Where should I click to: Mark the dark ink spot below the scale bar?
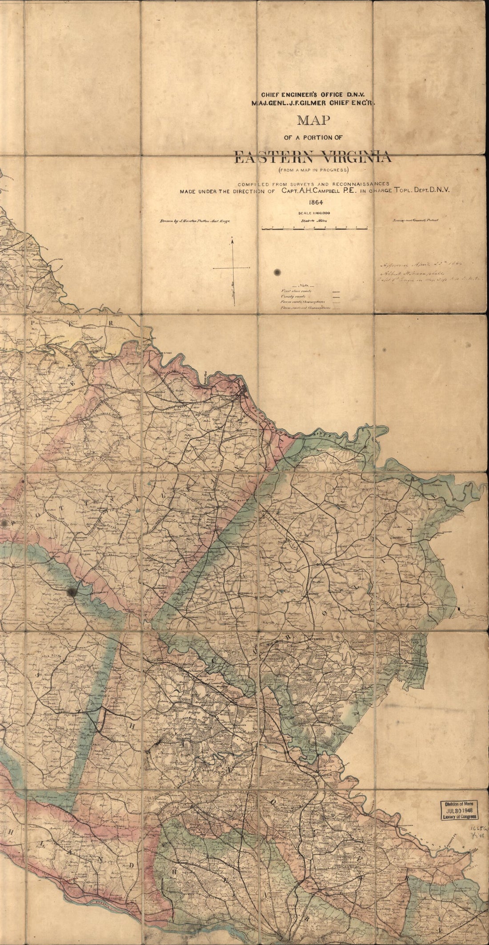pyautogui.click(x=278, y=272)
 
